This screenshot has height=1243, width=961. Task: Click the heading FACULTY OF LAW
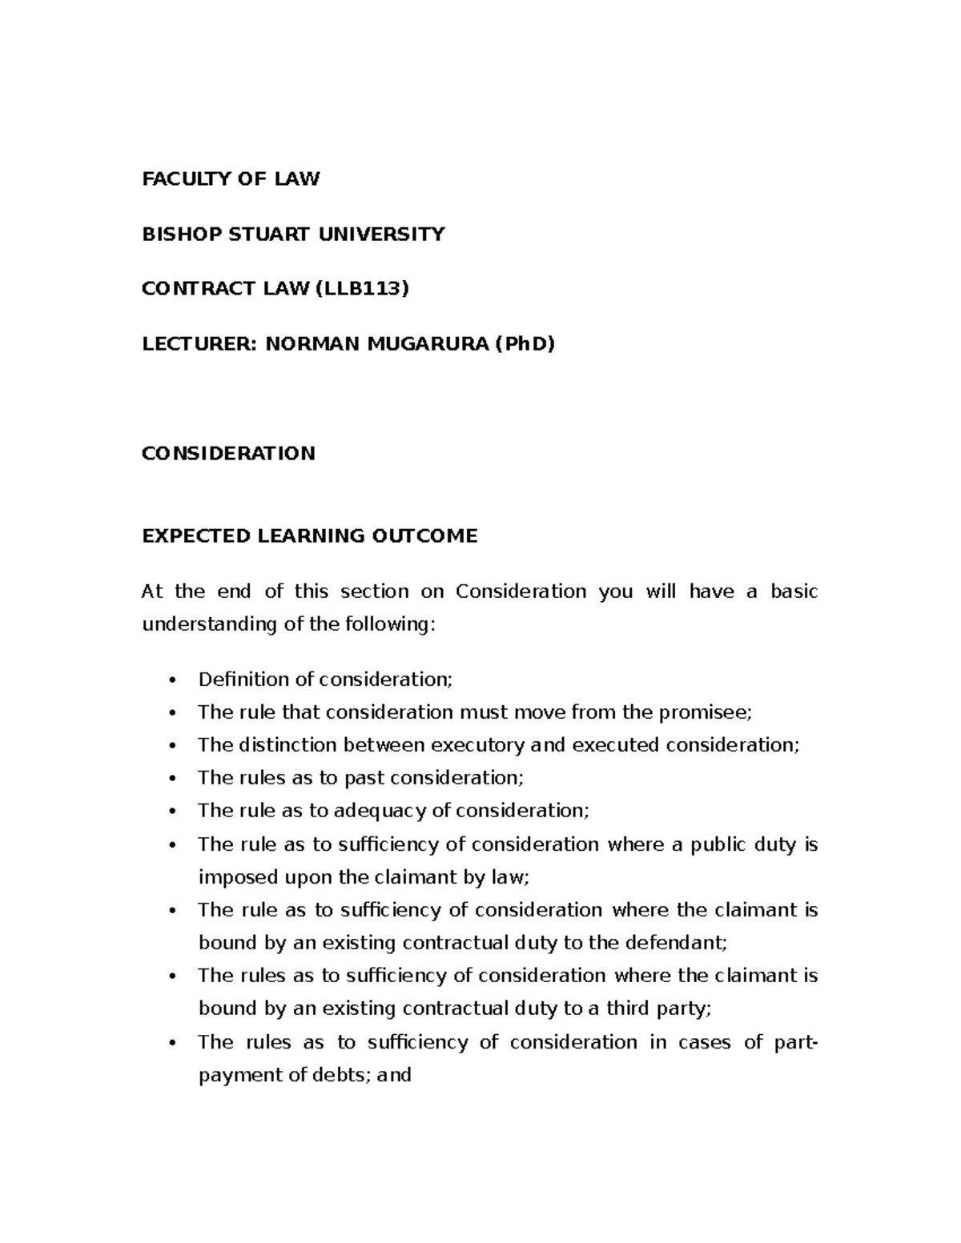click(231, 179)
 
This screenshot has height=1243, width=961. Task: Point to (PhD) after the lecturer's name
click(525, 343)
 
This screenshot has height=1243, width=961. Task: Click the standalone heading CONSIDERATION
click(228, 453)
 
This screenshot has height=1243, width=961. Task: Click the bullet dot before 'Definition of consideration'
click(172, 680)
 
